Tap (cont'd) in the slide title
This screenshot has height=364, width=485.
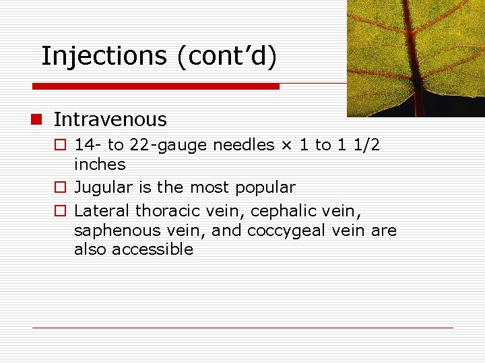pyautogui.click(x=227, y=57)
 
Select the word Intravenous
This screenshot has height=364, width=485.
pyautogui.click(x=110, y=120)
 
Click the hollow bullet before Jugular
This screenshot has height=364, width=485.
pyautogui.click(x=60, y=188)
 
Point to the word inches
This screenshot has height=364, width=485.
pyautogui.click(x=100, y=164)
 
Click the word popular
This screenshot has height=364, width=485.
pyautogui.click(x=265, y=187)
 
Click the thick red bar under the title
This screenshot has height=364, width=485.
pyautogui.click(x=156, y=87)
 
